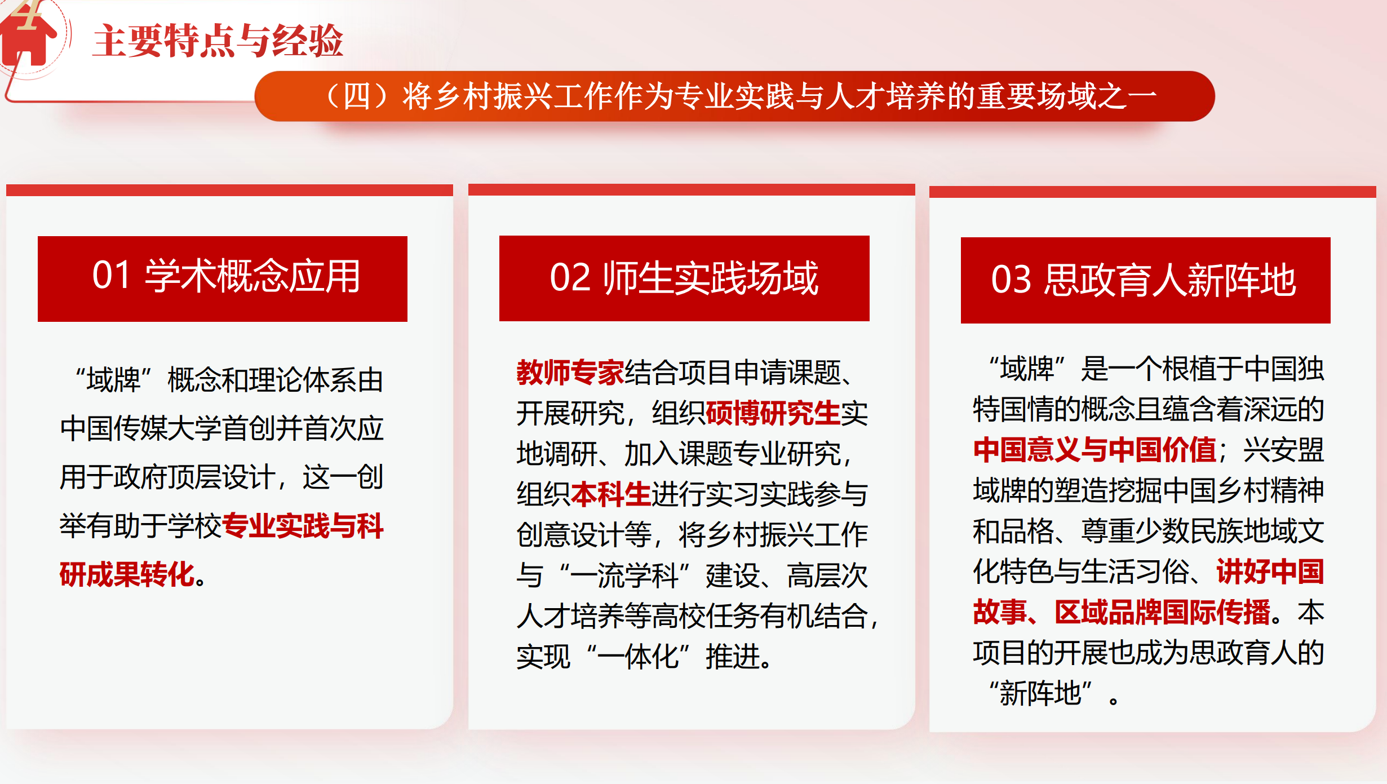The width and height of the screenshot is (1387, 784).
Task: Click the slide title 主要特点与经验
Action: (218, 41)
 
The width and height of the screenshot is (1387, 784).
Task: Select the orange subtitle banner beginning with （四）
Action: (734, 96)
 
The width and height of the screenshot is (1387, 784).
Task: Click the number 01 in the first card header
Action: (112, 276)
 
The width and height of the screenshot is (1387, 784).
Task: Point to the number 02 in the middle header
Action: (570, 278)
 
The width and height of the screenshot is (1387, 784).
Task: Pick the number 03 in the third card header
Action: (1011, 280)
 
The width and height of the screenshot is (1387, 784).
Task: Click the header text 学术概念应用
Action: (252, 276)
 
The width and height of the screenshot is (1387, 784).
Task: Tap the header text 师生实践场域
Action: (711, 278)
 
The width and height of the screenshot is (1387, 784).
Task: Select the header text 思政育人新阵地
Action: (1170, 280)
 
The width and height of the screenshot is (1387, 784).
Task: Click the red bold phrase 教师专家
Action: (570, 372)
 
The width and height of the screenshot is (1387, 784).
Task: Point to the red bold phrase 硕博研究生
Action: (773, 413)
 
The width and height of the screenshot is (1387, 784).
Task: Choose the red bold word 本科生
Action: (611, 494)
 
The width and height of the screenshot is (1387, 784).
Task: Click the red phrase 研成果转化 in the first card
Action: (127, 574)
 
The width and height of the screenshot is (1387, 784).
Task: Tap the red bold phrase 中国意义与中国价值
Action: (1094, 450)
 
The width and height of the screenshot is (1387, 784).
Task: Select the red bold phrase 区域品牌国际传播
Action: (1163, 612)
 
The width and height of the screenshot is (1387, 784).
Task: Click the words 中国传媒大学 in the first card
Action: (141, 428)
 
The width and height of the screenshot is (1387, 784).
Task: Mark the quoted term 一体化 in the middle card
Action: (638, 657)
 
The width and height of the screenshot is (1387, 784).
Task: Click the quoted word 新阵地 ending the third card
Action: (1040, 693)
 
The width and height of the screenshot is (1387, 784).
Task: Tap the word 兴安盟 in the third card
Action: (1283, 450)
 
